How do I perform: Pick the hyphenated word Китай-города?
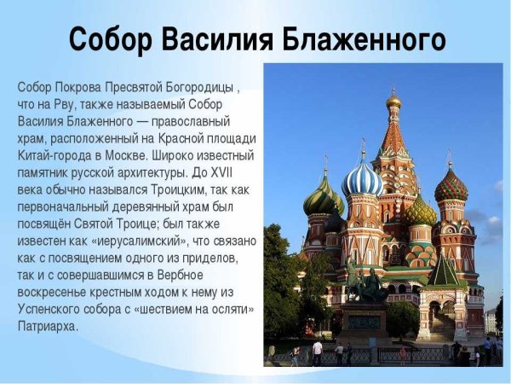50,156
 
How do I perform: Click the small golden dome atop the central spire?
393,101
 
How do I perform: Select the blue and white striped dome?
362,179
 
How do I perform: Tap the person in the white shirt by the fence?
317,350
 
